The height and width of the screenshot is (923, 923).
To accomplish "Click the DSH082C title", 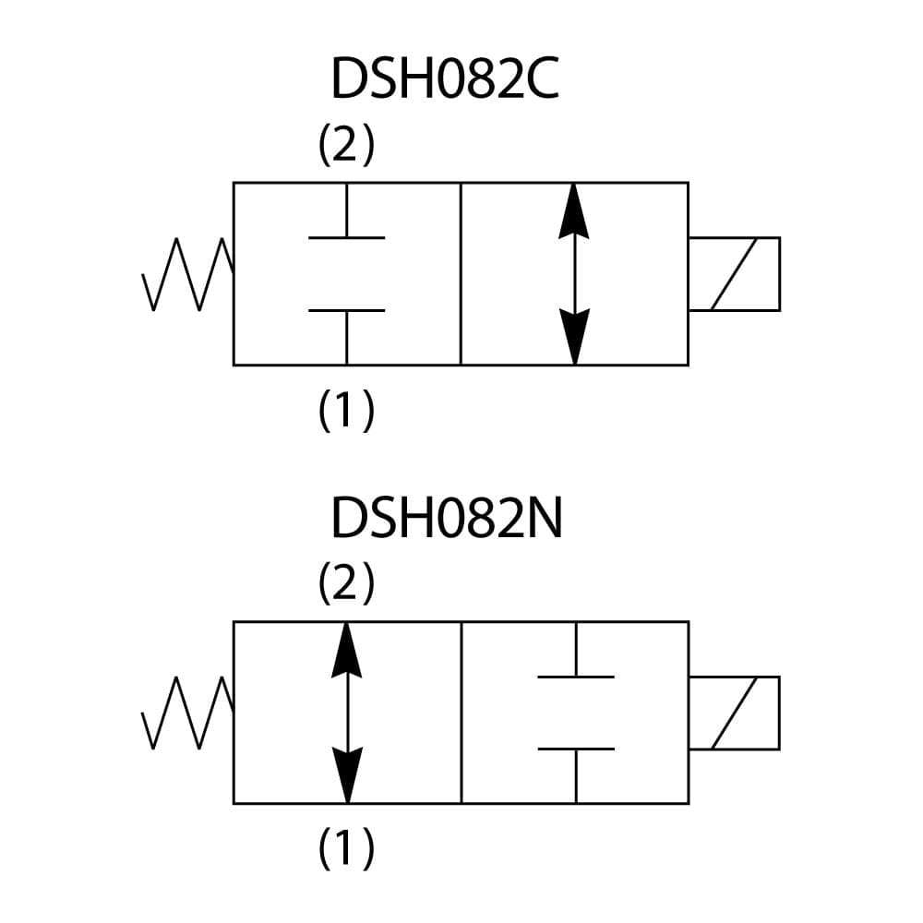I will (445, 80).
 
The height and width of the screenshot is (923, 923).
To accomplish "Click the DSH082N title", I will (447, 520).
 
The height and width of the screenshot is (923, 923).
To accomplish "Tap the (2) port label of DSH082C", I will (346, 146).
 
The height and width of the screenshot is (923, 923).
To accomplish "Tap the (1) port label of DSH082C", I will (346, 410).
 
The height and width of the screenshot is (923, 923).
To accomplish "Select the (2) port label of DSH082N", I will (346, 584).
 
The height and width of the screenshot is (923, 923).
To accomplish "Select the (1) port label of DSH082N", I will (346, 848).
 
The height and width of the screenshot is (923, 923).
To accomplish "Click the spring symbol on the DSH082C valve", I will (187, 274).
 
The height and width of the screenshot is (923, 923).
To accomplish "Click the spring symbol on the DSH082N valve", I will (187, 713).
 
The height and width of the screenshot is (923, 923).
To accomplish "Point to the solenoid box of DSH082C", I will (735, 274).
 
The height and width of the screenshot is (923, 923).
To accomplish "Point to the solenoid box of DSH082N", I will (735, 713).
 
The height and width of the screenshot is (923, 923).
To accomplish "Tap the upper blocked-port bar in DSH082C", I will (346, 237).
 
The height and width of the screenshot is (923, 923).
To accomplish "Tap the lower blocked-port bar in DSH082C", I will (346, 310).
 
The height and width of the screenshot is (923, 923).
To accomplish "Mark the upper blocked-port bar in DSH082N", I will (575, 677).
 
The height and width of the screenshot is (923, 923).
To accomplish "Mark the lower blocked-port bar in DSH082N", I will (575, 749).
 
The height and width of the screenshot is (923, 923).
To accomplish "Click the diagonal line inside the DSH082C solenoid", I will (735, 274).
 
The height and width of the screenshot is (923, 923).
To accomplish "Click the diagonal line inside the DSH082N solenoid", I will (735, 713).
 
